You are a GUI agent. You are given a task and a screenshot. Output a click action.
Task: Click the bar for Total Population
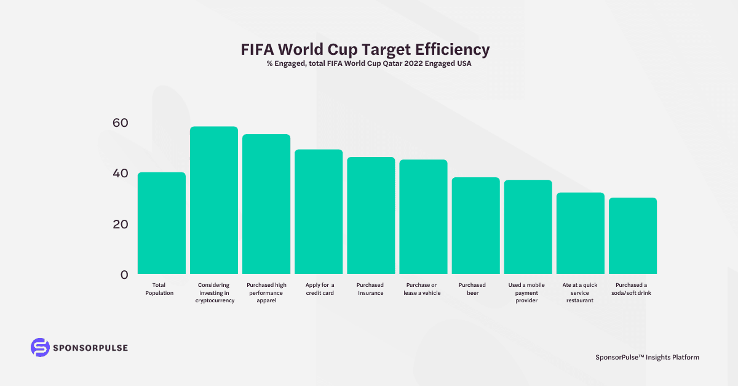pyautogui.click(x=161, y=223)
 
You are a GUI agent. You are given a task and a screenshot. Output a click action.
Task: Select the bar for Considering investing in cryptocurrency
pyautogui.click(x=213, y=200)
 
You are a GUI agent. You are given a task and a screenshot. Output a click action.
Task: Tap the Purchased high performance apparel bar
pyautogui.click(x=266, y=204)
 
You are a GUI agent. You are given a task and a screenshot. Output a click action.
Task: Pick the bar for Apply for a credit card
pyautogui.click(x=319, y=212)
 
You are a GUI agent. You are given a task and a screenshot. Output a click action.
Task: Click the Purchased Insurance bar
pyautogui.click(x=371, y=215)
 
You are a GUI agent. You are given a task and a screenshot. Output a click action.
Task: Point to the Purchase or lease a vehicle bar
pyautogui.click(x=423, y=217)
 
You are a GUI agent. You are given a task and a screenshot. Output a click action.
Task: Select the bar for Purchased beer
pyautogui.click(x=475, y=225)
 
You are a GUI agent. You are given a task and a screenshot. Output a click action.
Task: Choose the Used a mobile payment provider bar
pyautogui.click(x=528, y=227)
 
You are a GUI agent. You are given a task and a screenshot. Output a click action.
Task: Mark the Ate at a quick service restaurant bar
pyautogui.click(x=581, y=233)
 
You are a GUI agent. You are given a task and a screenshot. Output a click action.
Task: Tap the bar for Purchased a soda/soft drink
pyautogui.click(x=633, y=236)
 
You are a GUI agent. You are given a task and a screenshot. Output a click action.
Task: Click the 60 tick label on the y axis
pyautogui.click(x=121, y=123)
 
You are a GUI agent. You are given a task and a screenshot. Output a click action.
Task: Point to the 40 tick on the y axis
pyautogui.click(x=121, y=173)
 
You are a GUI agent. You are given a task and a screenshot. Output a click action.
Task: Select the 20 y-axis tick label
pyautogui.click(x=121, y=224)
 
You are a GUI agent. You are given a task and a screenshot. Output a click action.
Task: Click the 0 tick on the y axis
pyautogui.click(x=124, y=275)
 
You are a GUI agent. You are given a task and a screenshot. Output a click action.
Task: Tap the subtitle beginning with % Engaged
pyautogui.click(x=369, y=64)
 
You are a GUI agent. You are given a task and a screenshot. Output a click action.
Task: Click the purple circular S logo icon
pyautogui.click(x=39, y=347)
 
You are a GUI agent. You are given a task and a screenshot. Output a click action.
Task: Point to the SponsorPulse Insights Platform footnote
pyautogui.click(x=647, y=357)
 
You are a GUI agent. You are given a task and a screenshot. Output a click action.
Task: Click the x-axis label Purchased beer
pyautogui.click(x=472, y=289)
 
